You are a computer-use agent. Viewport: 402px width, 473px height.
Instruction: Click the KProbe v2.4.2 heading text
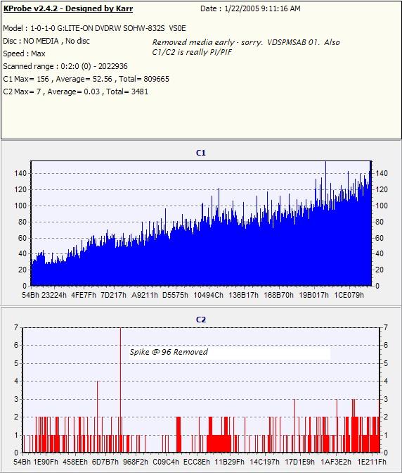click(x=68, y=8)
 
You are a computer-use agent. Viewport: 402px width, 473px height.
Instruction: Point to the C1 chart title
click(x=201, y=153)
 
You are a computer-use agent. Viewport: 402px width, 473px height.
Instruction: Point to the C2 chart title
click(x=201, y=320)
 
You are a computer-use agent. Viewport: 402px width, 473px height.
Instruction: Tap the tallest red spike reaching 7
click(x=120, y=390)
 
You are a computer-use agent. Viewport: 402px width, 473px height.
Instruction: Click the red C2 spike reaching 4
click(x=97, y=417)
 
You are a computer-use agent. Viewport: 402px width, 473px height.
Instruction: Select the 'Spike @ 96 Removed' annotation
click(x=169, y=352)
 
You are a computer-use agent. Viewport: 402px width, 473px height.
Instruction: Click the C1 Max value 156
click(x=42, y=79)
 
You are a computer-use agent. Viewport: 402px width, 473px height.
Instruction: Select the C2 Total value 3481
click(x=140, y=92)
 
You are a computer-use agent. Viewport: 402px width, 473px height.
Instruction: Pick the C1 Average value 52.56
click(x=102, y=79)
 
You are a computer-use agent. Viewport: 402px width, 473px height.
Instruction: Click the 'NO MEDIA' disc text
click(x=41, y=41)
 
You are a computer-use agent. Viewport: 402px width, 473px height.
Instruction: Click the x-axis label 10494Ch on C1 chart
click(x=208, y=295)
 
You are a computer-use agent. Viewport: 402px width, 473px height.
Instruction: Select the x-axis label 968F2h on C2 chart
click(x=136, y=462)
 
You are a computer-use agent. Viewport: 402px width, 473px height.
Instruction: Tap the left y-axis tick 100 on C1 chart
click(x=21, y=206)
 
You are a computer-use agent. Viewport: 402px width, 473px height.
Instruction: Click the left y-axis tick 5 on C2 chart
click(x=16, y=363)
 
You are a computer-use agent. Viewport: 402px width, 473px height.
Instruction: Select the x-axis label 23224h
click(x=54, y=295)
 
